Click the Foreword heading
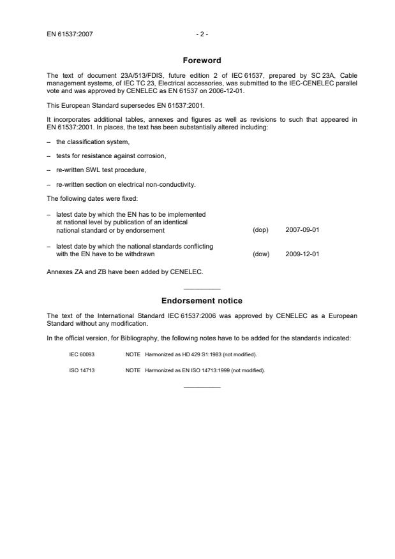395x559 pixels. [x=202, y=61]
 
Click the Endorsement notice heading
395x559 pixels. [x=202, y=300]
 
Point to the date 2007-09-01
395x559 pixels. [x=302, y=229]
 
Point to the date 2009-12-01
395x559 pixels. [x=302, y=254]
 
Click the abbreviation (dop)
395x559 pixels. [x=260, y=229]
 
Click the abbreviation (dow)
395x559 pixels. [x=261, y=254]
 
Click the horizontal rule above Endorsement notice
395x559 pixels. [x=202, y=289]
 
